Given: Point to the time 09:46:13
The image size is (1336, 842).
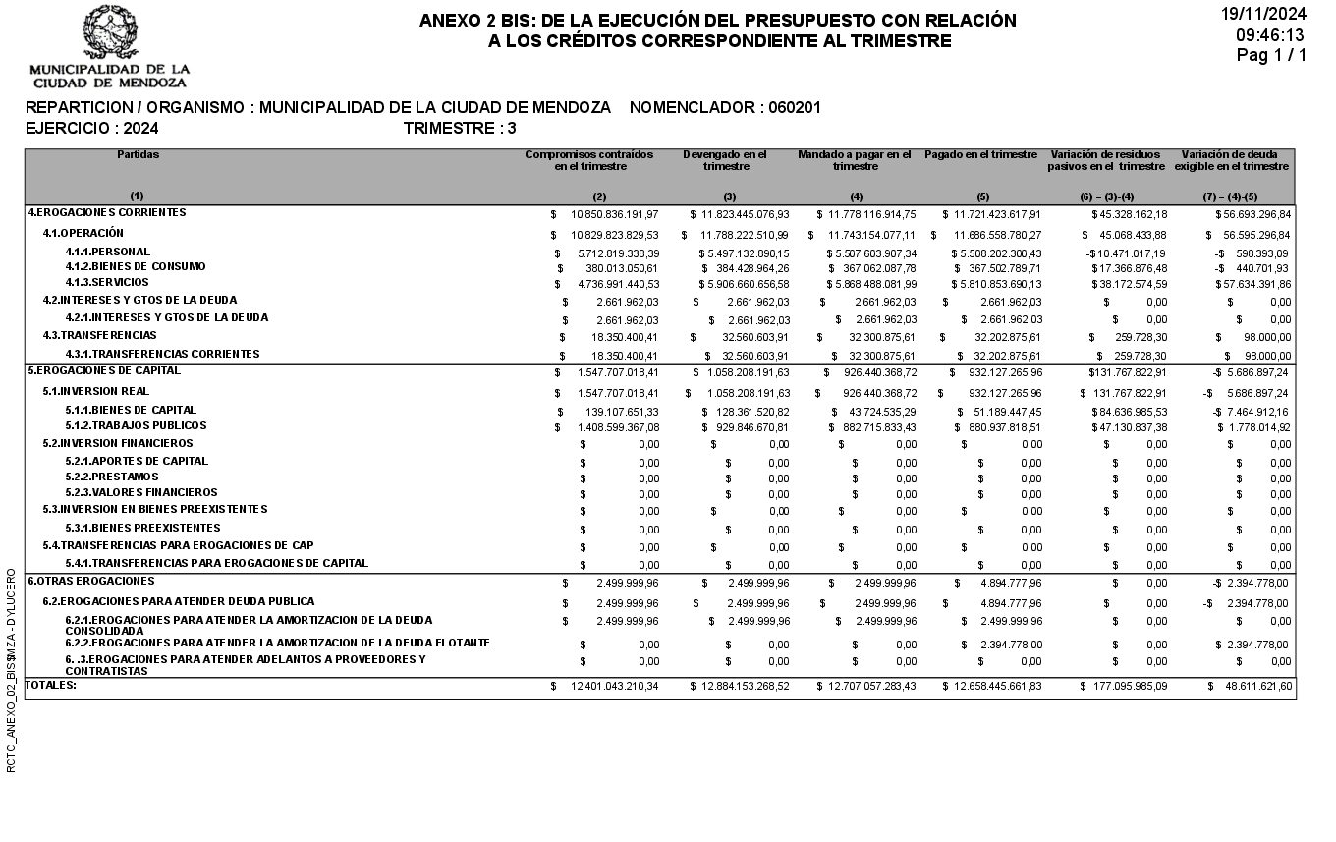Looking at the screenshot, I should pos(1270,35).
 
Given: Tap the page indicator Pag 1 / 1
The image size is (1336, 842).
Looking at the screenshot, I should pos(1271,56).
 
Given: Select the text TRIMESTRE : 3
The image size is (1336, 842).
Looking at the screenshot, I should pos(460,129).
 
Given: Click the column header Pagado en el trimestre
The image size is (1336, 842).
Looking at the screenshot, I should pos(980,155).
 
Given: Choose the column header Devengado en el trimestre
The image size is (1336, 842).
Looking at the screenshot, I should pos(725,160).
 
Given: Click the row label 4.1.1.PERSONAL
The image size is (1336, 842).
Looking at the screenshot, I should pos(108,253).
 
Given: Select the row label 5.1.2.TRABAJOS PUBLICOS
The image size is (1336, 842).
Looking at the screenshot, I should pos(136,426).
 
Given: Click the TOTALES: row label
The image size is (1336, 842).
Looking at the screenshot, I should pos(50,685).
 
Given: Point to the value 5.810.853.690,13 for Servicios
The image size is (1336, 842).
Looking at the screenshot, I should pos(993,284).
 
